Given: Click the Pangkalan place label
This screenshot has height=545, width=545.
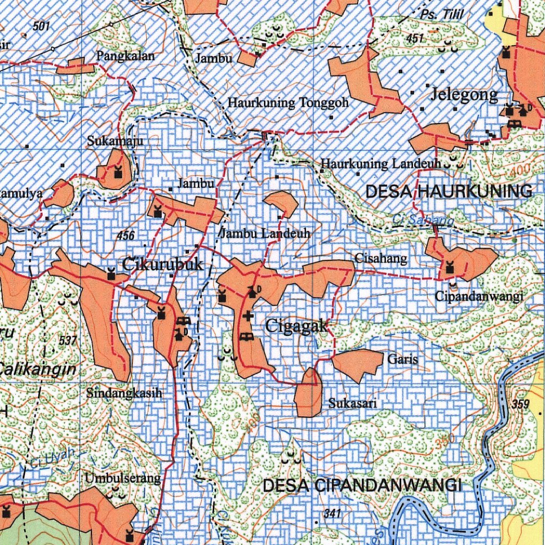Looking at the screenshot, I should click(x=125, y=56).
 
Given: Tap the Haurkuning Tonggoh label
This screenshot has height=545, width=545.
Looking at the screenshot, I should click(x=288, y=103).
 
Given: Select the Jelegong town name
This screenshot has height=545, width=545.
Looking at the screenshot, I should click(x=464, y=95).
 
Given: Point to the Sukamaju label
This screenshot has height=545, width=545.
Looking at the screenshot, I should click(x=115, y=141).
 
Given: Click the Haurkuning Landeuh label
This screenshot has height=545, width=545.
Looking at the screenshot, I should click(x=381, y=164).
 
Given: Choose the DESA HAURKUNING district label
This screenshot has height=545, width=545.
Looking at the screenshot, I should click(x=449, y=192).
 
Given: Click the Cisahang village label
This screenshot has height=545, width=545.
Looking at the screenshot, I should click(x=381, y=259).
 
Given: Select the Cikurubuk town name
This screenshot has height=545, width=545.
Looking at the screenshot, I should click(x=162, y=264).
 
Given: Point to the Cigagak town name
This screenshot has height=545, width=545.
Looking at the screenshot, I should click(x=296, y=326).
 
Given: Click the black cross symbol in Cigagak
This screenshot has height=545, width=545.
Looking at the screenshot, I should click(x=247, y=316).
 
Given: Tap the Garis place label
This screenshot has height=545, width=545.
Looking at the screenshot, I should click(x=402, y=359).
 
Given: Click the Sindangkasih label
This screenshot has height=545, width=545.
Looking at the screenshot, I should click(x=123, y=393).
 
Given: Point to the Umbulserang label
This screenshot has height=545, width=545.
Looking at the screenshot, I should click(x=122, y=478).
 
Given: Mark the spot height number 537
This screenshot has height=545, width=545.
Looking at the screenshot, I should click(x=69, y=341).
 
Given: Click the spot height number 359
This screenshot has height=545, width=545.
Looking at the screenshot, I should click(x=521, y=404).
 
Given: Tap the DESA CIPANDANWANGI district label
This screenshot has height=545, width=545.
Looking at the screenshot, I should click(x=362, y=485).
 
